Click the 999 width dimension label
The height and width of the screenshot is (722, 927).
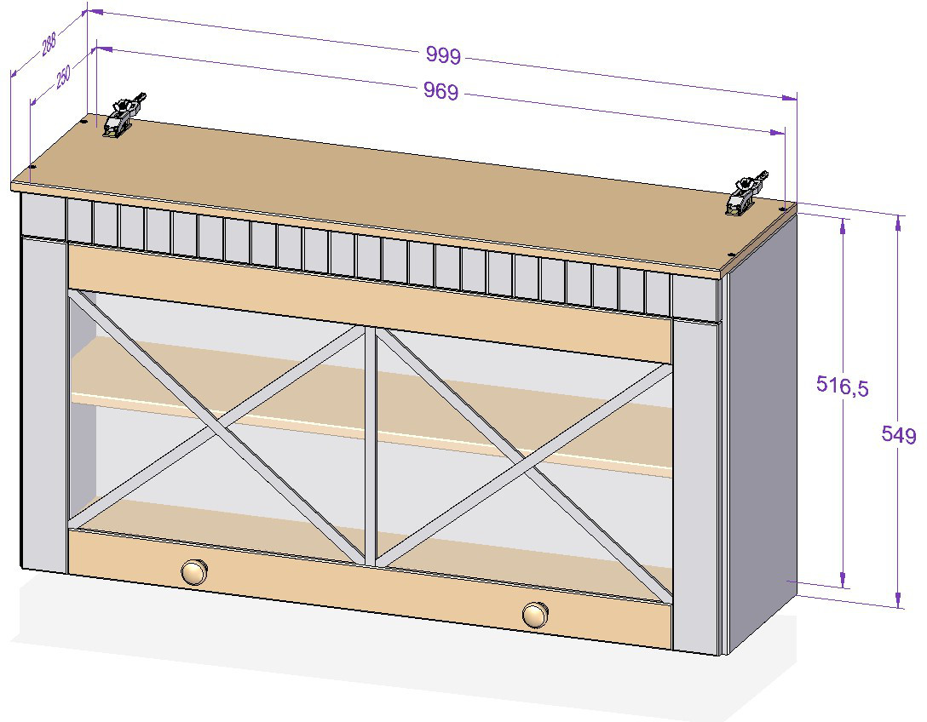(443, 56)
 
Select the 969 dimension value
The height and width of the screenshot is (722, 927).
(440, 91)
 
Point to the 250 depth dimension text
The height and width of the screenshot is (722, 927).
(63, 77)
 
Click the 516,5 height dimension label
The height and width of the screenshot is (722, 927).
(842, 386)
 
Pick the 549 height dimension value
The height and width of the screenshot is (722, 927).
(898, 436)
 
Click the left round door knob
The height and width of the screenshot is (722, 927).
(193, 570)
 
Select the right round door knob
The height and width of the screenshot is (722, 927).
(535, 614)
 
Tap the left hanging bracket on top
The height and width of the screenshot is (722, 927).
(122, 117)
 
